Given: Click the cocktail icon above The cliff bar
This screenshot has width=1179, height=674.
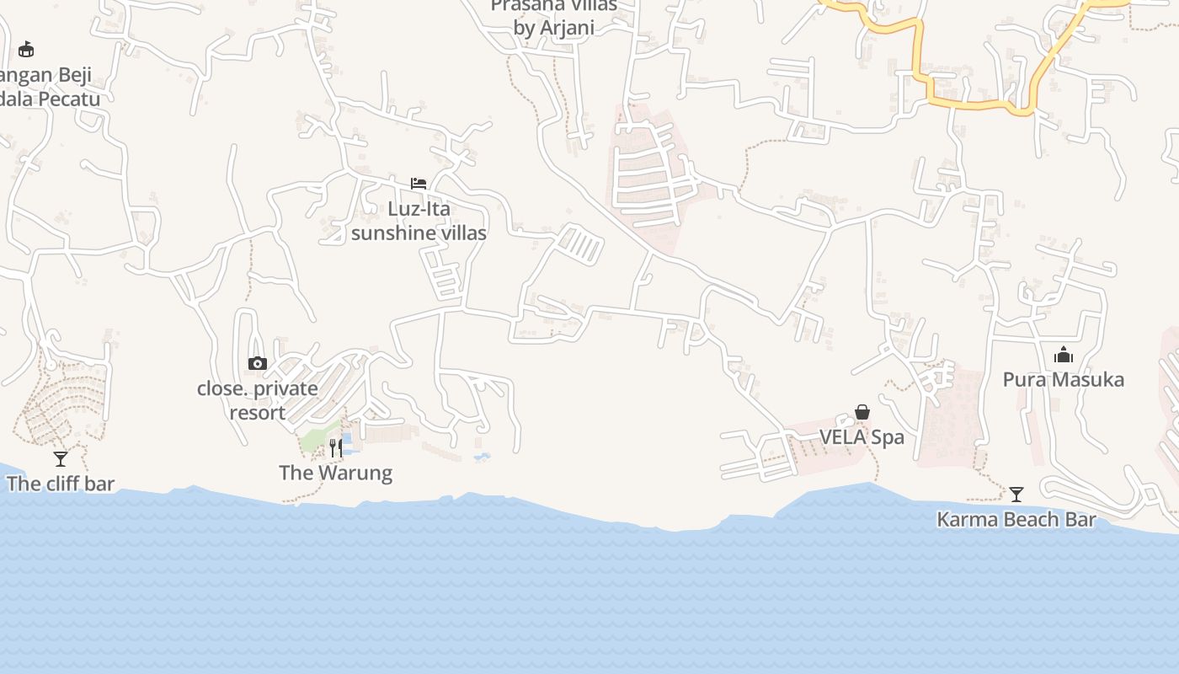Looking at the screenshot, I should point(61,459).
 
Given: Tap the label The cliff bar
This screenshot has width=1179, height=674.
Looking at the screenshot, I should point(61,484).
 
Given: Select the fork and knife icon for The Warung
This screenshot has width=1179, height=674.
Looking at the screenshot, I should point(336,447).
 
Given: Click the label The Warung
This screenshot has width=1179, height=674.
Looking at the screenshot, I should point(335,473).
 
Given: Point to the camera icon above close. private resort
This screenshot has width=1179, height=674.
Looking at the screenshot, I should point(258,364).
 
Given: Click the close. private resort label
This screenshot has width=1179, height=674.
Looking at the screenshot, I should point(258,401).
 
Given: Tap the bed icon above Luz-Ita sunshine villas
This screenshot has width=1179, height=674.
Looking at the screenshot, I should point(419,184).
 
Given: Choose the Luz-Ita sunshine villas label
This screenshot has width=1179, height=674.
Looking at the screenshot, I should point(419,221).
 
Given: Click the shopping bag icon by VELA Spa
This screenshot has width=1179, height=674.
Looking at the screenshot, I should point(862,412).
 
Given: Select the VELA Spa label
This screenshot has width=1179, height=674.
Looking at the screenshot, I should point(862,437).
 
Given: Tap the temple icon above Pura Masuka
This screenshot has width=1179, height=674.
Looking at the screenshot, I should point(1064,355).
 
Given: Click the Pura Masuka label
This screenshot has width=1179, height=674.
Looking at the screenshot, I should point(1063,380).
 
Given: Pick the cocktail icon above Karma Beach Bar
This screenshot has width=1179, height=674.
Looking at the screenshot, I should point(1016,495).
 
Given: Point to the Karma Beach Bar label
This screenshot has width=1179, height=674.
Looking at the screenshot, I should point(1016,520).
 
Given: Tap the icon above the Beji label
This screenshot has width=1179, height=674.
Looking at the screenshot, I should point(26,49).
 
